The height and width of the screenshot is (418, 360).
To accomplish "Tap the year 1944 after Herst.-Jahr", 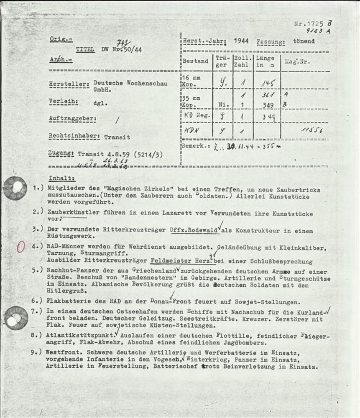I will (241, 41).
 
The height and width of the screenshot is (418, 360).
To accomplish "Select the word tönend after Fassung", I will (304, 41).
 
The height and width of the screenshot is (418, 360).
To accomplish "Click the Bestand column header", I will (195, 61).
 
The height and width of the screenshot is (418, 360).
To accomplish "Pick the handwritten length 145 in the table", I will (267, 83).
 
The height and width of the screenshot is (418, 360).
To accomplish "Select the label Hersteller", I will (69, 84).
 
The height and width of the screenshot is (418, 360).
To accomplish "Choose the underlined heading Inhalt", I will (62, 178).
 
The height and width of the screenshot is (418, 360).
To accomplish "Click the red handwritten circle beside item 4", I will (20, 247).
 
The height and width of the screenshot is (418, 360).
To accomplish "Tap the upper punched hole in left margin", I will (15, 188).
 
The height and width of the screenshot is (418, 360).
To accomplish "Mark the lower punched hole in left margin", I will (16, 318).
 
